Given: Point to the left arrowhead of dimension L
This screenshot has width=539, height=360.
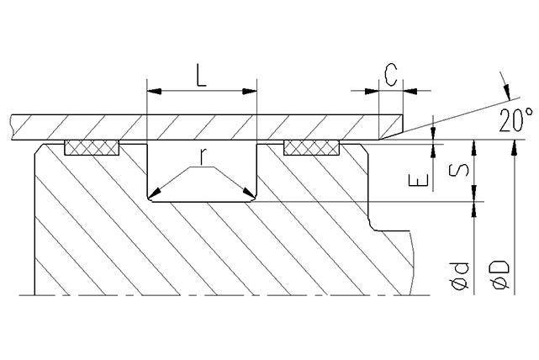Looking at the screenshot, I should (x=151, y=89).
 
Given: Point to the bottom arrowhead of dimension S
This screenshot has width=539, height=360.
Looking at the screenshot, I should (x=475, y=196).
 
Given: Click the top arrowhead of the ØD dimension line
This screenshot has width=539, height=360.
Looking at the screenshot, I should (x=512, y=145).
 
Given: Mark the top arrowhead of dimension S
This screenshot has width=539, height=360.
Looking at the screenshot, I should (x=475, y=146).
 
